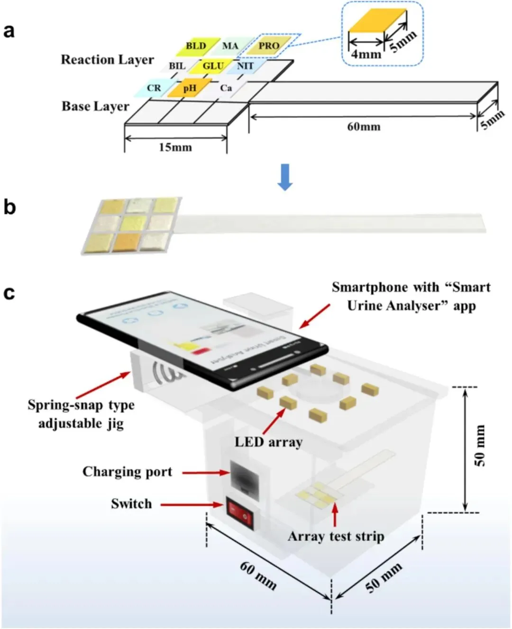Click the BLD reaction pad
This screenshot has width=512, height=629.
point(195,46)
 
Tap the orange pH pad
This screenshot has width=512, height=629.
point(190,88)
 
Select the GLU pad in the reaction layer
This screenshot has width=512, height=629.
point(212,66)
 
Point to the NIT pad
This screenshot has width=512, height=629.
point(245,66)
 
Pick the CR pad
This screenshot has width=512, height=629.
point(154,88)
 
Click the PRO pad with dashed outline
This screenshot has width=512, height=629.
point(269,46)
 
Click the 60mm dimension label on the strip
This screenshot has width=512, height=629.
point(364,127)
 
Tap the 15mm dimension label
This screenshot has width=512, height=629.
point(175,147)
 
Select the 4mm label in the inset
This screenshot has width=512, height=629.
point(366,54)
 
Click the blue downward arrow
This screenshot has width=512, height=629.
point(284,177)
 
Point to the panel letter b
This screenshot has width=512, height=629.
point(9,207)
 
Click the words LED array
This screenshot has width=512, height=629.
point(268,442)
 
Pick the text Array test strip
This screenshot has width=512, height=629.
point(336,536)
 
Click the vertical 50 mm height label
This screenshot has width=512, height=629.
point(480,446)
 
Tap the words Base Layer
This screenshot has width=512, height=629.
point(95,106)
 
